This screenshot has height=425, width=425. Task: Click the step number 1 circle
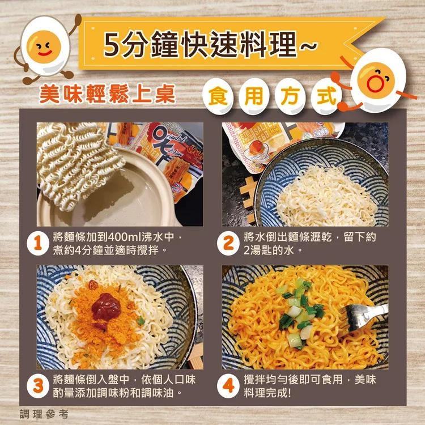[38, 244]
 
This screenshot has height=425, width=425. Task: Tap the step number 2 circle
[228, 244]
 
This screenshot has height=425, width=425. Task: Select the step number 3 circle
[38, 386]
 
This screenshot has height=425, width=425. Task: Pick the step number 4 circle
[228, 386]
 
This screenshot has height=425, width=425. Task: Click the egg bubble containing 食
[218, 96]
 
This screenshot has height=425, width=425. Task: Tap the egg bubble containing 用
[254, 96]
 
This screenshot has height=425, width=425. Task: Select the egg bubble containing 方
[290, 96]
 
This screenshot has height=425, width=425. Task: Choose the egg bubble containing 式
[326, 96]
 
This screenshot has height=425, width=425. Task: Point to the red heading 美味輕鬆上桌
[108, 93]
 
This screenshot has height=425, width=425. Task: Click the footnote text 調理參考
[44, 414]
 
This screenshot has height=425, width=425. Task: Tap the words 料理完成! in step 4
[267, 393]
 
